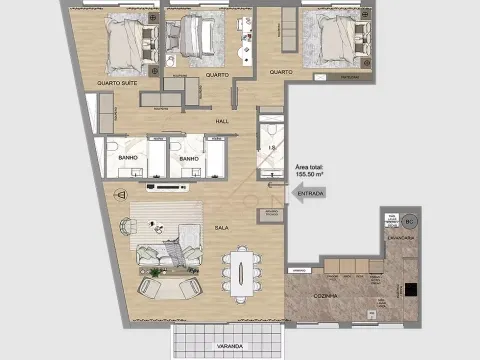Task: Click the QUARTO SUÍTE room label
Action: pyautogui.click(x=117, y=83)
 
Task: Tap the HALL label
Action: pyautogui.click(x=223, y=121)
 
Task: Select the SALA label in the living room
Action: pyautogui.click(x=221, y=228)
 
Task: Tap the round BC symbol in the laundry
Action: pyautogui.click(x=408, y=222)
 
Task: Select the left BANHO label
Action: pyautogui.click(x=127, y=158)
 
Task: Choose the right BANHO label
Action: pyautogui.click(x=187, y=158)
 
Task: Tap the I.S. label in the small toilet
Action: pyautogui.click(x=271, y=149)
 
